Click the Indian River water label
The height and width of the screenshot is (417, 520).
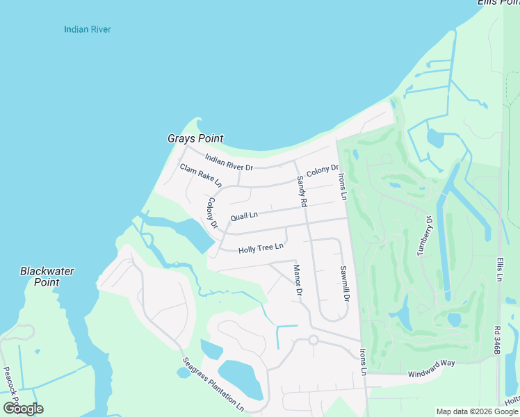click(88, 29)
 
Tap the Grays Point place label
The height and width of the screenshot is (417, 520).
click(195, 139)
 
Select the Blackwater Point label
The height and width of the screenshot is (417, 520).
click(47, 277)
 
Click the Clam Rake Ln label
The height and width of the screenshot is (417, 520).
click(200, 176)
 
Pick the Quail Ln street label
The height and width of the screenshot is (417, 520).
click(244, 215)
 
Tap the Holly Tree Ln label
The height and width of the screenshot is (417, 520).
click(261, 247)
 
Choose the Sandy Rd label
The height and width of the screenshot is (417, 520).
click(302, 192)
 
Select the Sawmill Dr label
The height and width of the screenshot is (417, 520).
click(343, 283)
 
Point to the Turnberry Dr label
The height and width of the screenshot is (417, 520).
click(425, 236)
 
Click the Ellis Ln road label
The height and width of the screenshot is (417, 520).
click(499, 268)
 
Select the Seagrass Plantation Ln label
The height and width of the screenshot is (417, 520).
click(214, 384)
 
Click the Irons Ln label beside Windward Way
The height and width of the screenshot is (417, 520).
click(363, 362)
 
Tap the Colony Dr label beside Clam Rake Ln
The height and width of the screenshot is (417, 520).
click(212, 213)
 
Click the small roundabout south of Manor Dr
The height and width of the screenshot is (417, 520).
click(313, 340)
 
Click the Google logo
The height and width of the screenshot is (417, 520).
click(23, 409)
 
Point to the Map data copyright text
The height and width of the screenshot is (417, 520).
click(477, 411)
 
